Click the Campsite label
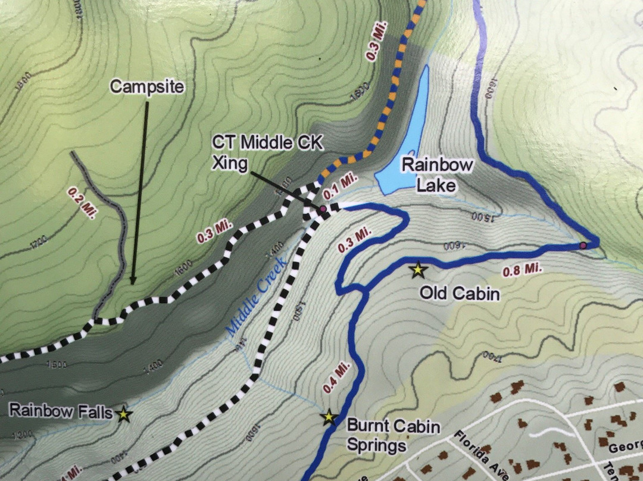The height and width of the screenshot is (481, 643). click(x=147, y=87)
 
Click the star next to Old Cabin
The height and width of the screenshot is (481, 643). click(x=418, y=271)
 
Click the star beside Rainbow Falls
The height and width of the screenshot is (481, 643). click(x=123, y=414)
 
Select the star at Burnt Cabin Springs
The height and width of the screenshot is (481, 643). click(x=329, y=418)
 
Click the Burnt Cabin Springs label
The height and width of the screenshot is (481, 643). click(x=393, y=436)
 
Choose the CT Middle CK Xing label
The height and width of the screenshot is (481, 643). click(x=261, y=152)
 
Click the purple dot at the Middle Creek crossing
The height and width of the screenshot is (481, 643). click(x=323, y=210)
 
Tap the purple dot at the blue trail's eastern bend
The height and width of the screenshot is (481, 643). click(x=583, y=245)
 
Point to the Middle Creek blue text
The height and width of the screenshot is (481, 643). click(x=256, y=296)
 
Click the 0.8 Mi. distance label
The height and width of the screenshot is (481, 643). click(x=523, y=270)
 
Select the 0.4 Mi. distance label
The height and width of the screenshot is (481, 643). click(x=336, y=377)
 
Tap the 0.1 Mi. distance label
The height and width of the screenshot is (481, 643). click(x=339, y=193)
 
